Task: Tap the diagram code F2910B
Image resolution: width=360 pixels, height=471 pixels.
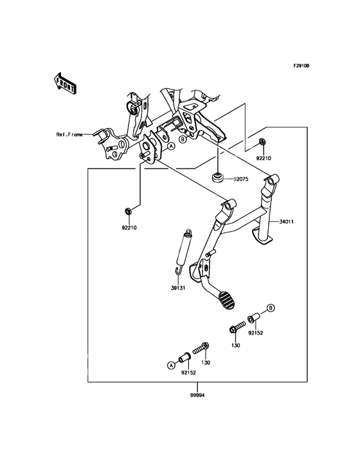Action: [x=301, y=66]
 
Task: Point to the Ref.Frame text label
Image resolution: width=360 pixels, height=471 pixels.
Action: [x=69, y=134]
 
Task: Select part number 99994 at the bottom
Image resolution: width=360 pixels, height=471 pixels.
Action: [x=197, y=396]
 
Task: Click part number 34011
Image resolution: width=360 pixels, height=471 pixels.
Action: [x=287, y=222]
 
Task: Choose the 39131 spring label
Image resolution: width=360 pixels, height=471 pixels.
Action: [x=178, y=288]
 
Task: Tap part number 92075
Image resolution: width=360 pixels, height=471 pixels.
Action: [x=241, y=180]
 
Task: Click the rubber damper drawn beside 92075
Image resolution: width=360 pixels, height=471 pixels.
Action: [x=217, y=176]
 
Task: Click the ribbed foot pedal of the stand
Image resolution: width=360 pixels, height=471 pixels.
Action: [x=226, y=300]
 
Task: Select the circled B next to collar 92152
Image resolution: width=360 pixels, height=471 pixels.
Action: [x=271, y=308]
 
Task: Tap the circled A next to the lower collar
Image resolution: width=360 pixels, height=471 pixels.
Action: [x=171, y=365]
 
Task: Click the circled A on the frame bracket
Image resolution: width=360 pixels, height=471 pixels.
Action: [x=171, y=146]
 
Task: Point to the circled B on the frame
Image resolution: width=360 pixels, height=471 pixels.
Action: [x=182, y=140]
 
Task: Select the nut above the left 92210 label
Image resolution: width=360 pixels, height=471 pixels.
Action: [x=128, y=211]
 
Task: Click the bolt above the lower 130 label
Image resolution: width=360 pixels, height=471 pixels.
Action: [x=200, y=349]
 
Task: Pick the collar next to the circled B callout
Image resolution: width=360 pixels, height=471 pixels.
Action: [x=255, y=318]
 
